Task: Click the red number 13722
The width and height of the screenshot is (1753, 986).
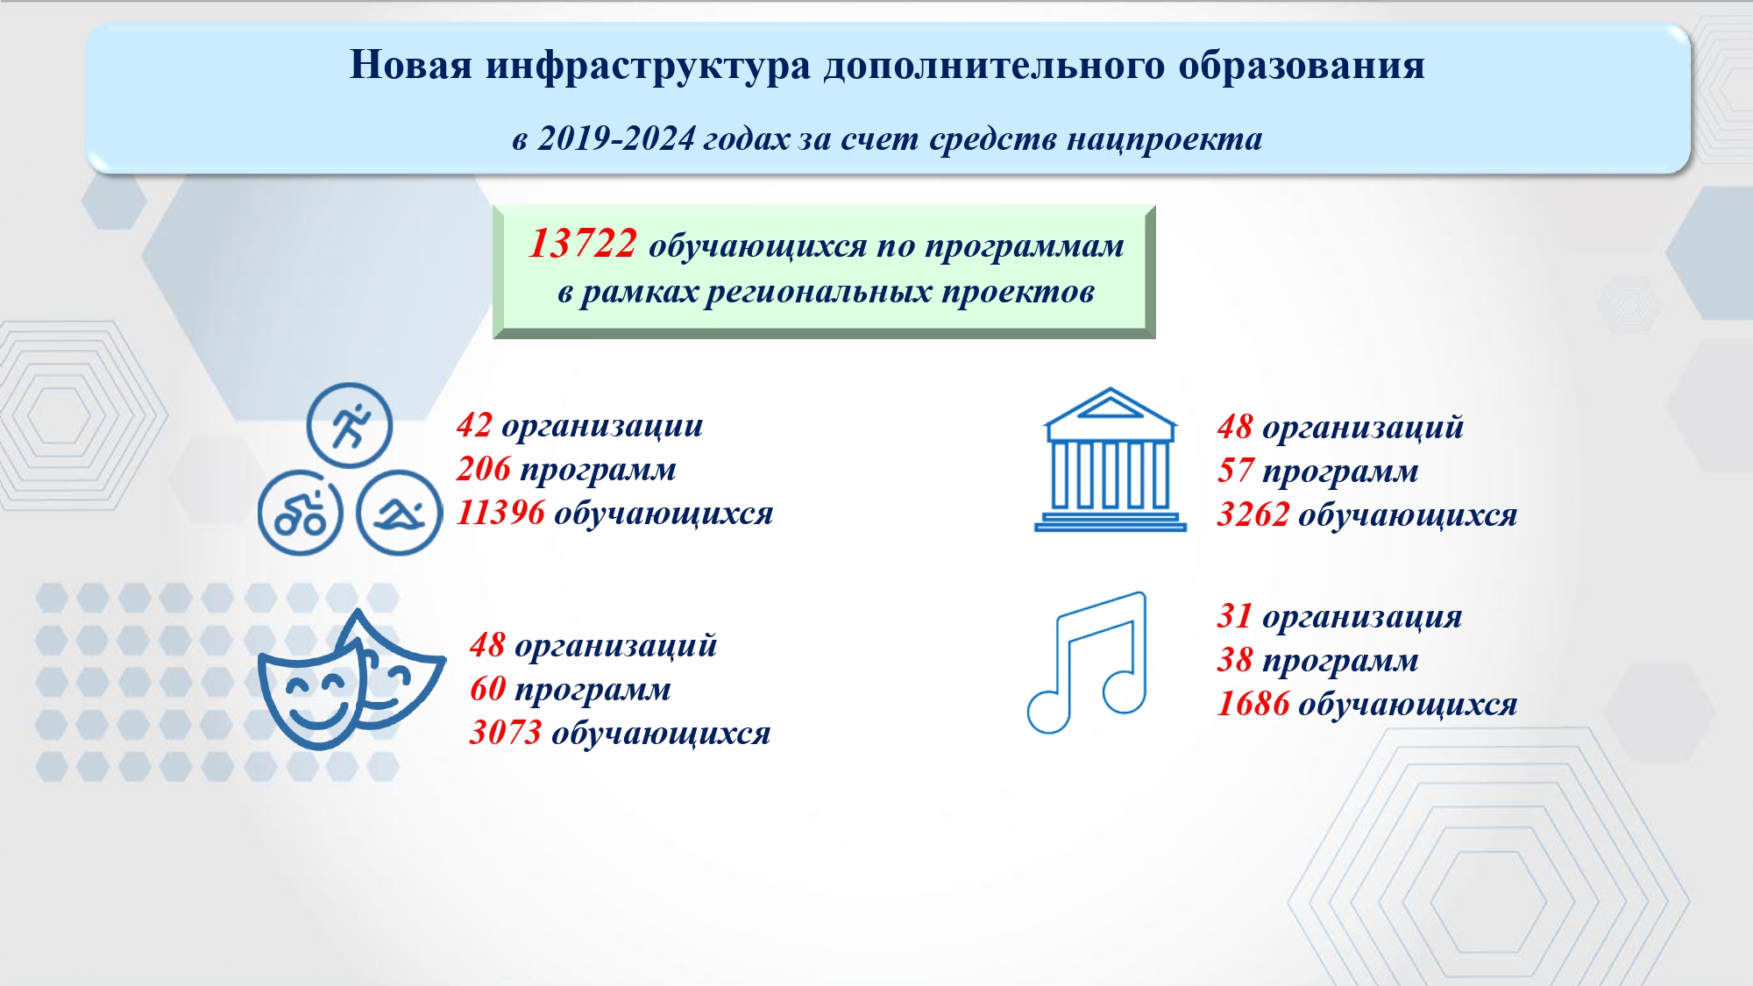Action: tap(583, 244)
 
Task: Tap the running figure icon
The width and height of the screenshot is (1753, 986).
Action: tap(350, 426)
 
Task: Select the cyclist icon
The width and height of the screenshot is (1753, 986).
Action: tap(300, 513)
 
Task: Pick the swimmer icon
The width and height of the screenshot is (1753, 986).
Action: tap(400, 513)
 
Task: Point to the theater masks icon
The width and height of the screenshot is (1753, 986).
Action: tap(351, 679)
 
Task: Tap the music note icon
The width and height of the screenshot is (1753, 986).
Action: tap(1087, 663)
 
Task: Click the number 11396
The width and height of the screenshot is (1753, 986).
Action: tap(500, 513)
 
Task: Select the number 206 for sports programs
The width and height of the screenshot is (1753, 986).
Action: tap(484, 469)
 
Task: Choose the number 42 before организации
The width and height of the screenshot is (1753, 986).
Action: tap(475, 425)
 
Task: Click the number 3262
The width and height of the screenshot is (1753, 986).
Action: tap(1253, 514)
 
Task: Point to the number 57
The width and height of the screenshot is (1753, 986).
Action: tap(1236, 471)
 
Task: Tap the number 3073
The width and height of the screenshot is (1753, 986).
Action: tap(506, 733)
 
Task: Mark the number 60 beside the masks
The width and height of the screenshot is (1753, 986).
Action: tap(488, 689)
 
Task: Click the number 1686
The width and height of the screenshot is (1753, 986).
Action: tap(1253, 704)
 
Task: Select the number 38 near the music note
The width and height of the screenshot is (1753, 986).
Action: tap(1235, 660)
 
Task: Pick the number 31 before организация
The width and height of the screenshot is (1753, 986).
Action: tap(1235, 616)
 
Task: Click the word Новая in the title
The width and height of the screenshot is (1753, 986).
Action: tap(411, 65)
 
